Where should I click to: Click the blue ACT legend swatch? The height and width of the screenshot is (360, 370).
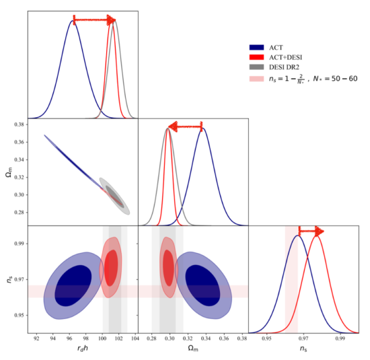(256, 48)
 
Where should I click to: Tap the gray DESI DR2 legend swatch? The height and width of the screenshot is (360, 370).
(256, 68)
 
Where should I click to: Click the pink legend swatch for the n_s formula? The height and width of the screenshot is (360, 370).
(256, 79)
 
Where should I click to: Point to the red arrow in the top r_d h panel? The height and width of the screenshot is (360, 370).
(94, 20)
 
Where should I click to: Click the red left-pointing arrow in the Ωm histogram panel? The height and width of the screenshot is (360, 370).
(184, 126)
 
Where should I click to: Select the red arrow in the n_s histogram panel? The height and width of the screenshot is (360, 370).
(310, 231)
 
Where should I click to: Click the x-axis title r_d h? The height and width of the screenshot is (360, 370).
(82, 350)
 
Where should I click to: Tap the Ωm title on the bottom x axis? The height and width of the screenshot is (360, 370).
(193, 350)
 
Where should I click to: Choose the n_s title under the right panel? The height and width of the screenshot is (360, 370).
(303, 350)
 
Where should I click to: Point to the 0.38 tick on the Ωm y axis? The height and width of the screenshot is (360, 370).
(19, 125)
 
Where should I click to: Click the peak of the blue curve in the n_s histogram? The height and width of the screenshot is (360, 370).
(297, 236)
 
